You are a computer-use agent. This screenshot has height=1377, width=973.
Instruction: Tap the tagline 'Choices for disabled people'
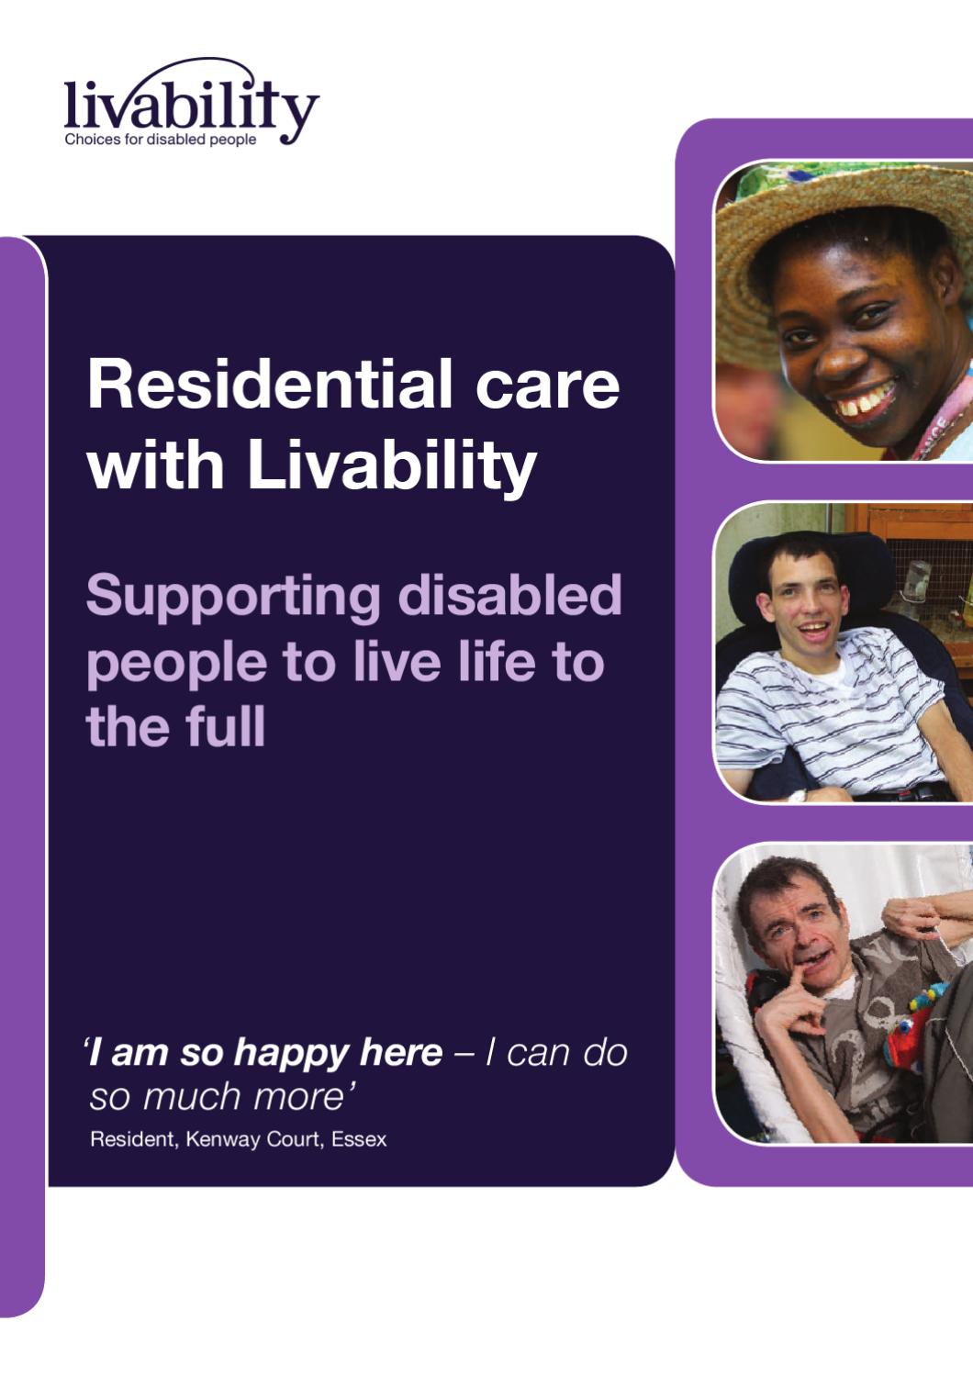[x=161, y=140]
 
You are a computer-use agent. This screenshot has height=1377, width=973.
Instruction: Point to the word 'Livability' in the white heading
[x=392, y=466]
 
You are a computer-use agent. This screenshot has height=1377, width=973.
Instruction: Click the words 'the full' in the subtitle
[x=176, y=727]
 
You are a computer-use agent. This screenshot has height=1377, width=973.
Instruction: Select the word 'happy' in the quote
[x=293, y=1053]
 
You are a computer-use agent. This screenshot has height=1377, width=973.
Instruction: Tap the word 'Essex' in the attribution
[x=359, y=1139]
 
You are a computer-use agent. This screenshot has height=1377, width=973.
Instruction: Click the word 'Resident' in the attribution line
[x=132, y=1139]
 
